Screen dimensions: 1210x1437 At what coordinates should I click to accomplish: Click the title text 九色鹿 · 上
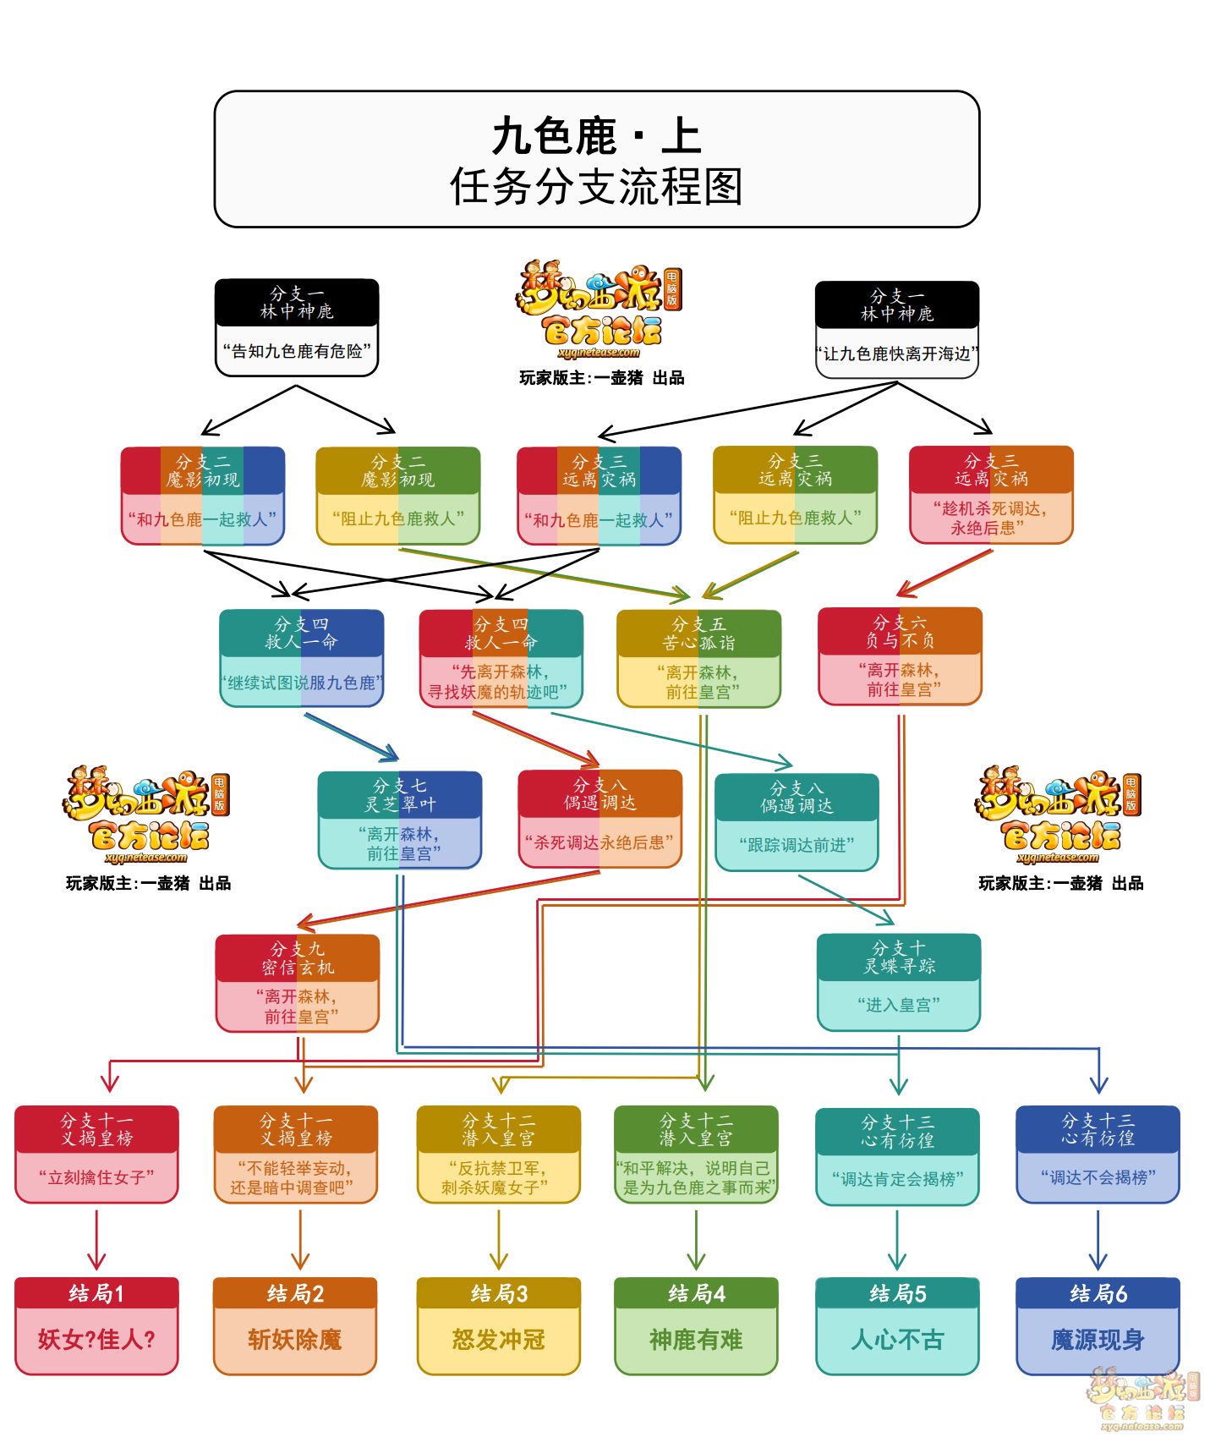coord(597,136)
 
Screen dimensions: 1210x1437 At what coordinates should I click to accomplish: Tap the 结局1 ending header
coord(96,1293)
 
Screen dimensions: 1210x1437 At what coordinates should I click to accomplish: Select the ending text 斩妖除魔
coord(295,1340)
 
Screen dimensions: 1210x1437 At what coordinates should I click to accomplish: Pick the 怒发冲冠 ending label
coord(498,1340)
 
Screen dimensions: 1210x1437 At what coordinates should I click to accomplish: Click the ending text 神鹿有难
coord(696,1340)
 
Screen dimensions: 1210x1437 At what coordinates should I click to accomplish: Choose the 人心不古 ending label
coord(897,1340)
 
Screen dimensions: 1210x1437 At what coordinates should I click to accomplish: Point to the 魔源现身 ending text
coord(1098,1340)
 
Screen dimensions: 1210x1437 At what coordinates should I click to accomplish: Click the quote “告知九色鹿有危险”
coord(297,351)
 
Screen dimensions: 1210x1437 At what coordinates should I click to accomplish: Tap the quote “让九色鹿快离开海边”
coord(897,354)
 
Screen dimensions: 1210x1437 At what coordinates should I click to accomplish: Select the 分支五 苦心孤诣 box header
coord(698,633)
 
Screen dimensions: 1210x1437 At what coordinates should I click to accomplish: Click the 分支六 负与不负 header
coord(900,631)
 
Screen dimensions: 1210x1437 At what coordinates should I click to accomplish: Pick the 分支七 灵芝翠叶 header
coord(400,795)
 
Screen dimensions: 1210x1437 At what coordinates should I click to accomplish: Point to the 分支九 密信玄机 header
coord(298,958)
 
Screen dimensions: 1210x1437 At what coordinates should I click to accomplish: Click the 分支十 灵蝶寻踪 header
coord(899,957)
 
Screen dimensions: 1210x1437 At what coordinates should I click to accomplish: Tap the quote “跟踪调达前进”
coord(797,845)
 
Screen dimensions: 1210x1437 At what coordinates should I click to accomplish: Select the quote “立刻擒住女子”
coord(96,1177)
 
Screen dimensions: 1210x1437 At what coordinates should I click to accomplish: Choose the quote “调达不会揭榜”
coord(1098,1177)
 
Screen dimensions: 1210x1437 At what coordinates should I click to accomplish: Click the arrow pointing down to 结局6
coord(1098,1240)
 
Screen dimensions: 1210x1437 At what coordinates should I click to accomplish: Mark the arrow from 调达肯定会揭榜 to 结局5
coord(897,1240)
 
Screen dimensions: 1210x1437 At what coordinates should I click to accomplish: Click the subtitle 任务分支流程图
coord(597,187)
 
